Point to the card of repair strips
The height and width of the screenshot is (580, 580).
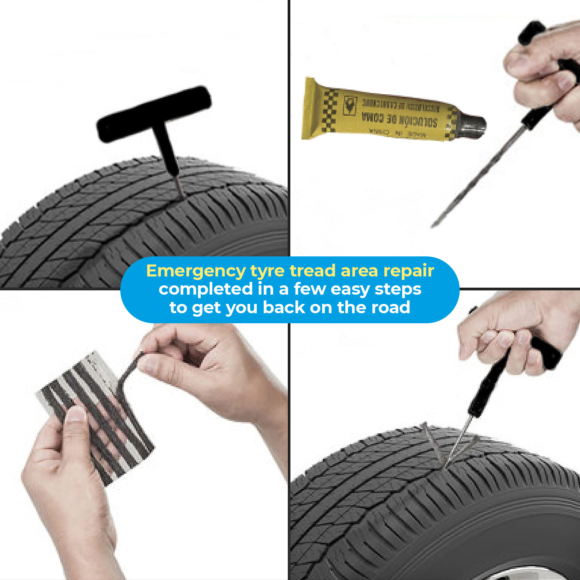point(97,414)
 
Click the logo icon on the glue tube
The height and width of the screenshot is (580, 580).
point(350,105)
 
